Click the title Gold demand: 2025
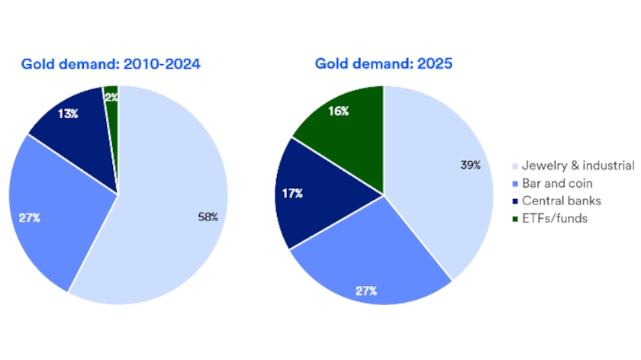pos(383,64)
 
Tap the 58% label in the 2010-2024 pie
pos(208,217)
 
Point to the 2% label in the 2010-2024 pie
pos(111,97)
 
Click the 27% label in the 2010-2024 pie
pos(31,218)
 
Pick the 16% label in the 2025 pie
pos(340,111)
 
